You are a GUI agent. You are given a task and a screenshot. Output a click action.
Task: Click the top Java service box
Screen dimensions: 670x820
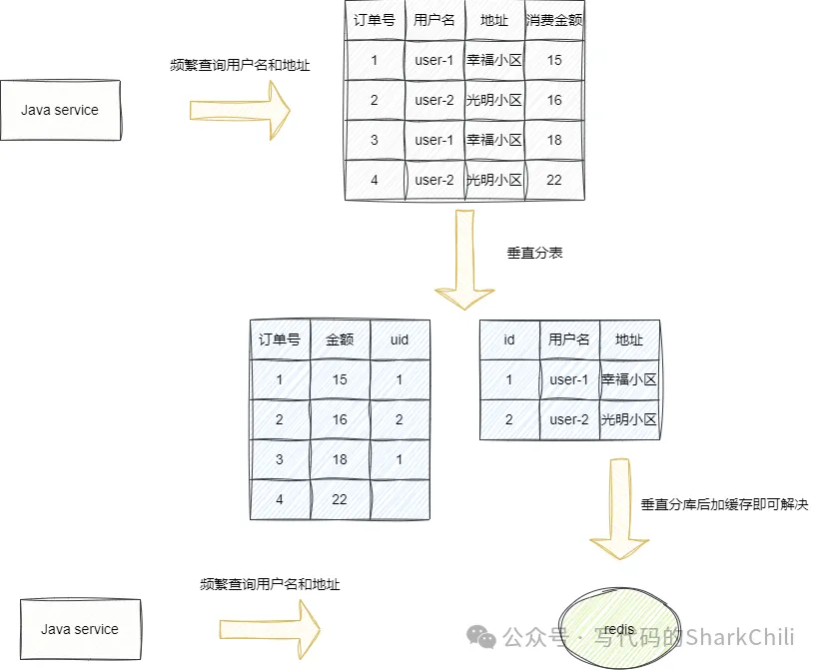(x=60, y=110)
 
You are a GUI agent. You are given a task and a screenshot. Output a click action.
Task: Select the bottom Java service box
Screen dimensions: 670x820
(x=80, y=629)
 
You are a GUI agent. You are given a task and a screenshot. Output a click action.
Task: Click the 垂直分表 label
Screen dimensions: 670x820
(x=535, y=253)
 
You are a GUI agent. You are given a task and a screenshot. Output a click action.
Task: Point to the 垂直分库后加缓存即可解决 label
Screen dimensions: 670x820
(x=724, y=504)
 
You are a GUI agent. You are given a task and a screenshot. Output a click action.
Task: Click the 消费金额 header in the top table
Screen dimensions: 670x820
(x=554, y=20)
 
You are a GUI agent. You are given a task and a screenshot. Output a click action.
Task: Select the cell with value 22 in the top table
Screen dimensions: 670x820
(x=554, y=180)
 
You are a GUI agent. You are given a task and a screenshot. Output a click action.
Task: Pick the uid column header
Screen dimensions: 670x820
(x=400, y=339)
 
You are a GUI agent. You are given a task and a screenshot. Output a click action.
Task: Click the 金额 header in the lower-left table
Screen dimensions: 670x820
(x=340, y=339)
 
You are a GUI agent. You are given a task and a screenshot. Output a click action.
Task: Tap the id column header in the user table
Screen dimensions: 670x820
(x=509, y=339)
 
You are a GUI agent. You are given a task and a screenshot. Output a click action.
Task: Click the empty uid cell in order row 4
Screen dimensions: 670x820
(x=400, y=499)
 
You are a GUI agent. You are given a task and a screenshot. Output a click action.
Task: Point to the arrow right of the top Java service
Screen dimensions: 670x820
(x=240, y=109)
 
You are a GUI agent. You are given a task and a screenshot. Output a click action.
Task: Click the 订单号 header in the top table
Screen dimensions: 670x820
(x=375, y=20)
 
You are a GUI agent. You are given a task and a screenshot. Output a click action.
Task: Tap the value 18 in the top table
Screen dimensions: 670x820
(x=554, y=140)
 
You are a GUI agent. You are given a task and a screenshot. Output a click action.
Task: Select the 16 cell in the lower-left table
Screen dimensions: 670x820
(x=340, y=419)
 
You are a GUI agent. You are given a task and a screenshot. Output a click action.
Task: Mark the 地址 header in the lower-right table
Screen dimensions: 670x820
(x=629, y=339)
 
